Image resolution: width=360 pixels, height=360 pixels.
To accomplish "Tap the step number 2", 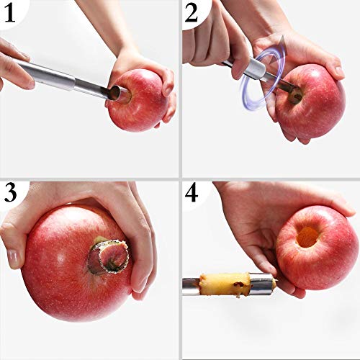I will (x=192, y=12).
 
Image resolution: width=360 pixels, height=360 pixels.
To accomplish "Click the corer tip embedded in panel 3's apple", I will (x=109, y=256).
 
